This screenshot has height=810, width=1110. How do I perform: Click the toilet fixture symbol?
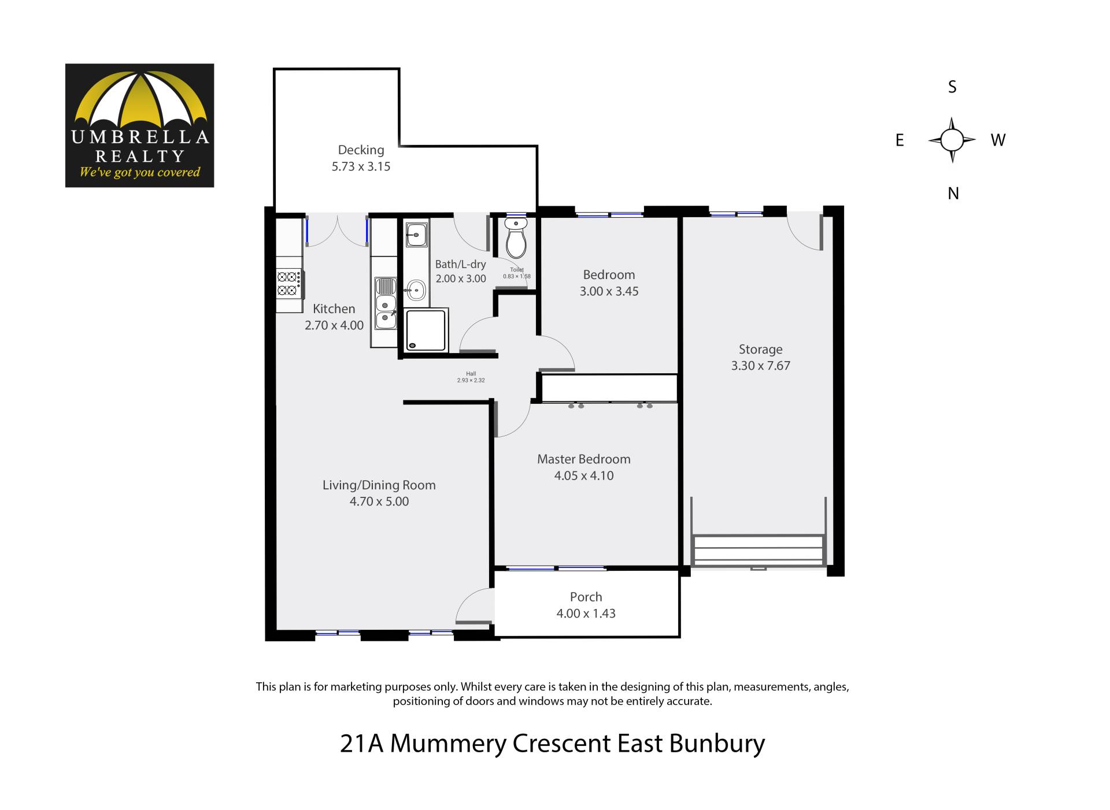pyautogui.click(x=516, y=237)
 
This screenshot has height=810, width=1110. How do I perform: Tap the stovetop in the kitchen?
pyautogui.click(x=289, y=284)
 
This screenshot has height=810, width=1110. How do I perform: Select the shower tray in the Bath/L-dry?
pyautogui.click(x=426, y=330)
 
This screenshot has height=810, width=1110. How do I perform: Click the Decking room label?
pyautogui.click(x=361, y=150)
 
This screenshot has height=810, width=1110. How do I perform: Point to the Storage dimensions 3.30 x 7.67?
pyautogui.click(x=760, y=366)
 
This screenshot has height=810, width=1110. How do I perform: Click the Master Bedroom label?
pyautogui.click(x=584, y=459)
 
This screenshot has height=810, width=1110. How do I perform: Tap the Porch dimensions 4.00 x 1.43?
pyautogui.click(x=586, y=614)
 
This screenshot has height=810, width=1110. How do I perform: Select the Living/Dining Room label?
pyautogui.click(x=379, y=485)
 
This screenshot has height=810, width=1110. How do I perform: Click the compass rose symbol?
pyautogui.click(x=952, y=140)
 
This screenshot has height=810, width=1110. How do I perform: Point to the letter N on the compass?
pyautogui.click(x=953, y=194)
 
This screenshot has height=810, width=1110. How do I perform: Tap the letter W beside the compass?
pyautogui.click(x=998, y=140)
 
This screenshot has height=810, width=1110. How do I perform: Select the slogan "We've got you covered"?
pyautogui.click(x=139, y=172)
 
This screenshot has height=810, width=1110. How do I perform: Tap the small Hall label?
pyautogui.click(x=471, y=374)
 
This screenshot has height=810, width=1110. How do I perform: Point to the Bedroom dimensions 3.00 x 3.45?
pyautogui.click(x=609, y=291)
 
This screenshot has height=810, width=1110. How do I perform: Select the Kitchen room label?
pyautogui.click(x=334, y=309)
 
